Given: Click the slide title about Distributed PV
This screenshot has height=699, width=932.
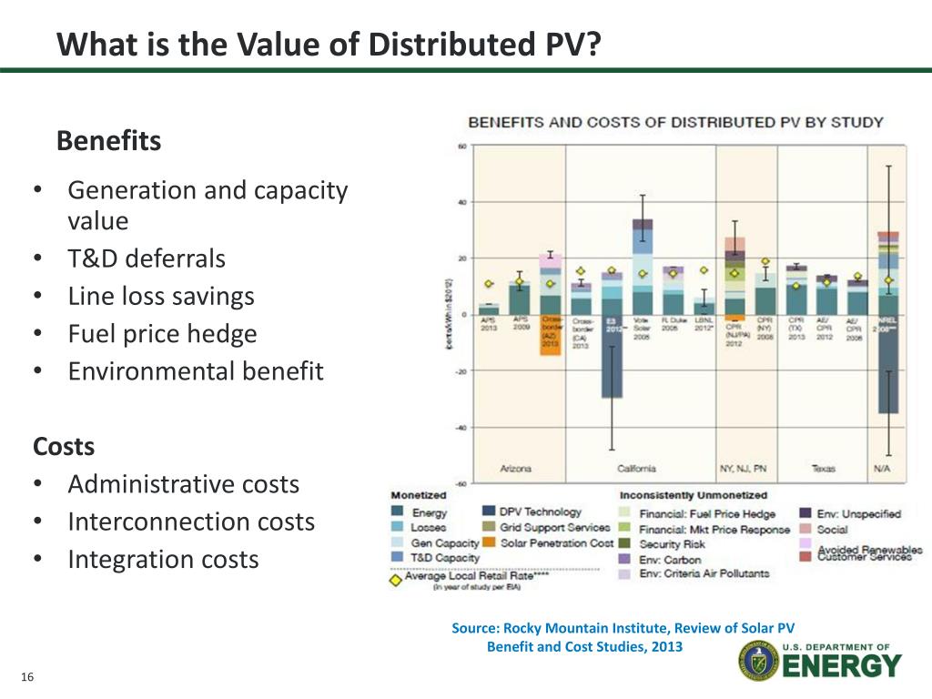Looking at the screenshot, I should tap(329, 43).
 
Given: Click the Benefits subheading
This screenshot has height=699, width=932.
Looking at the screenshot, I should tap(108, 141).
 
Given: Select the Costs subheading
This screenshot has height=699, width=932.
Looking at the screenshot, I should tap(64, 447).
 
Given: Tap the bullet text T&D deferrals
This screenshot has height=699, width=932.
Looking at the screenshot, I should tap(146, 258).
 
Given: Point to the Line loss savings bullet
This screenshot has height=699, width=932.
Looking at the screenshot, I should tap(161, 296).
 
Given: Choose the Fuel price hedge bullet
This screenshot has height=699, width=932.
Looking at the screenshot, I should tap(162, 334).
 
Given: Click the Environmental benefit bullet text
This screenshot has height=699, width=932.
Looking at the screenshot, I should tap(195, 371).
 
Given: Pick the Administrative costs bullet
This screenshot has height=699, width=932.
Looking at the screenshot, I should tap(183, 484).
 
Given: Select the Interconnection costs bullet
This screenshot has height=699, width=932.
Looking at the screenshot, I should tap(191, 522).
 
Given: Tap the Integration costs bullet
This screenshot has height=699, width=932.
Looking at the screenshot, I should tap(163, 559).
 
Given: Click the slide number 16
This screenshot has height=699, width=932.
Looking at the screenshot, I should tap(26, 677).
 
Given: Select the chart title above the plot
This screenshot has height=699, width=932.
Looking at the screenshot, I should tap(675, 122).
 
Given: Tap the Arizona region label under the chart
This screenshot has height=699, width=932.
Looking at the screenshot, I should tap(516, 469).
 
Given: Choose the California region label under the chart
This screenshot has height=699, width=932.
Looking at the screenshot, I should tap(636, 469).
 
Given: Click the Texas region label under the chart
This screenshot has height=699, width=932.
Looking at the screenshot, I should tap(824, 469).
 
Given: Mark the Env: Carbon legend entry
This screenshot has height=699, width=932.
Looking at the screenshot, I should tap(671, 558).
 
